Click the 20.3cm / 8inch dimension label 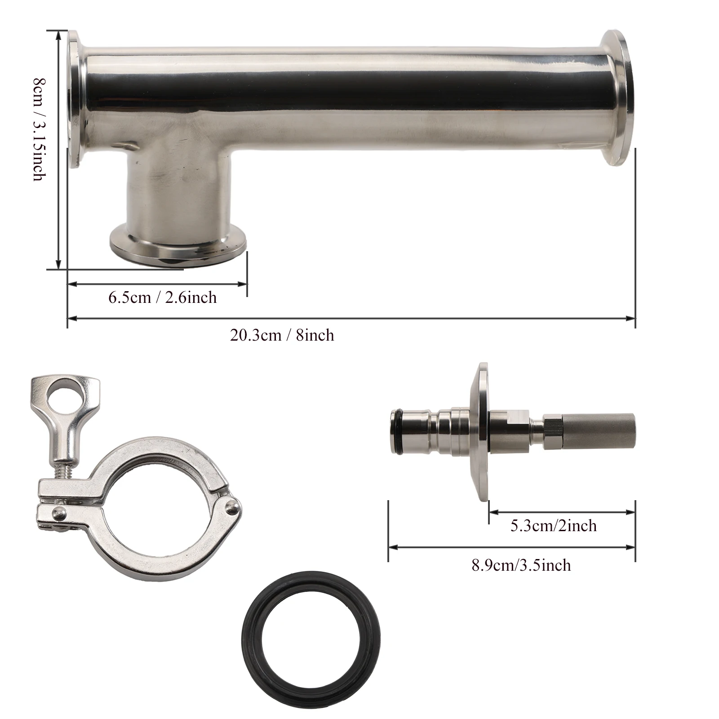click(x=282, y=335)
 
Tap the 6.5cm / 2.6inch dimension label click(x=163, y=297)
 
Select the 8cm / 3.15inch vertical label click(x=40, y=129)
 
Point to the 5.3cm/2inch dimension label click(x=554, y=525)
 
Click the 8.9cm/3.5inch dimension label click(x=521, y=565)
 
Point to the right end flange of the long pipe click(x=618, y=98)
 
